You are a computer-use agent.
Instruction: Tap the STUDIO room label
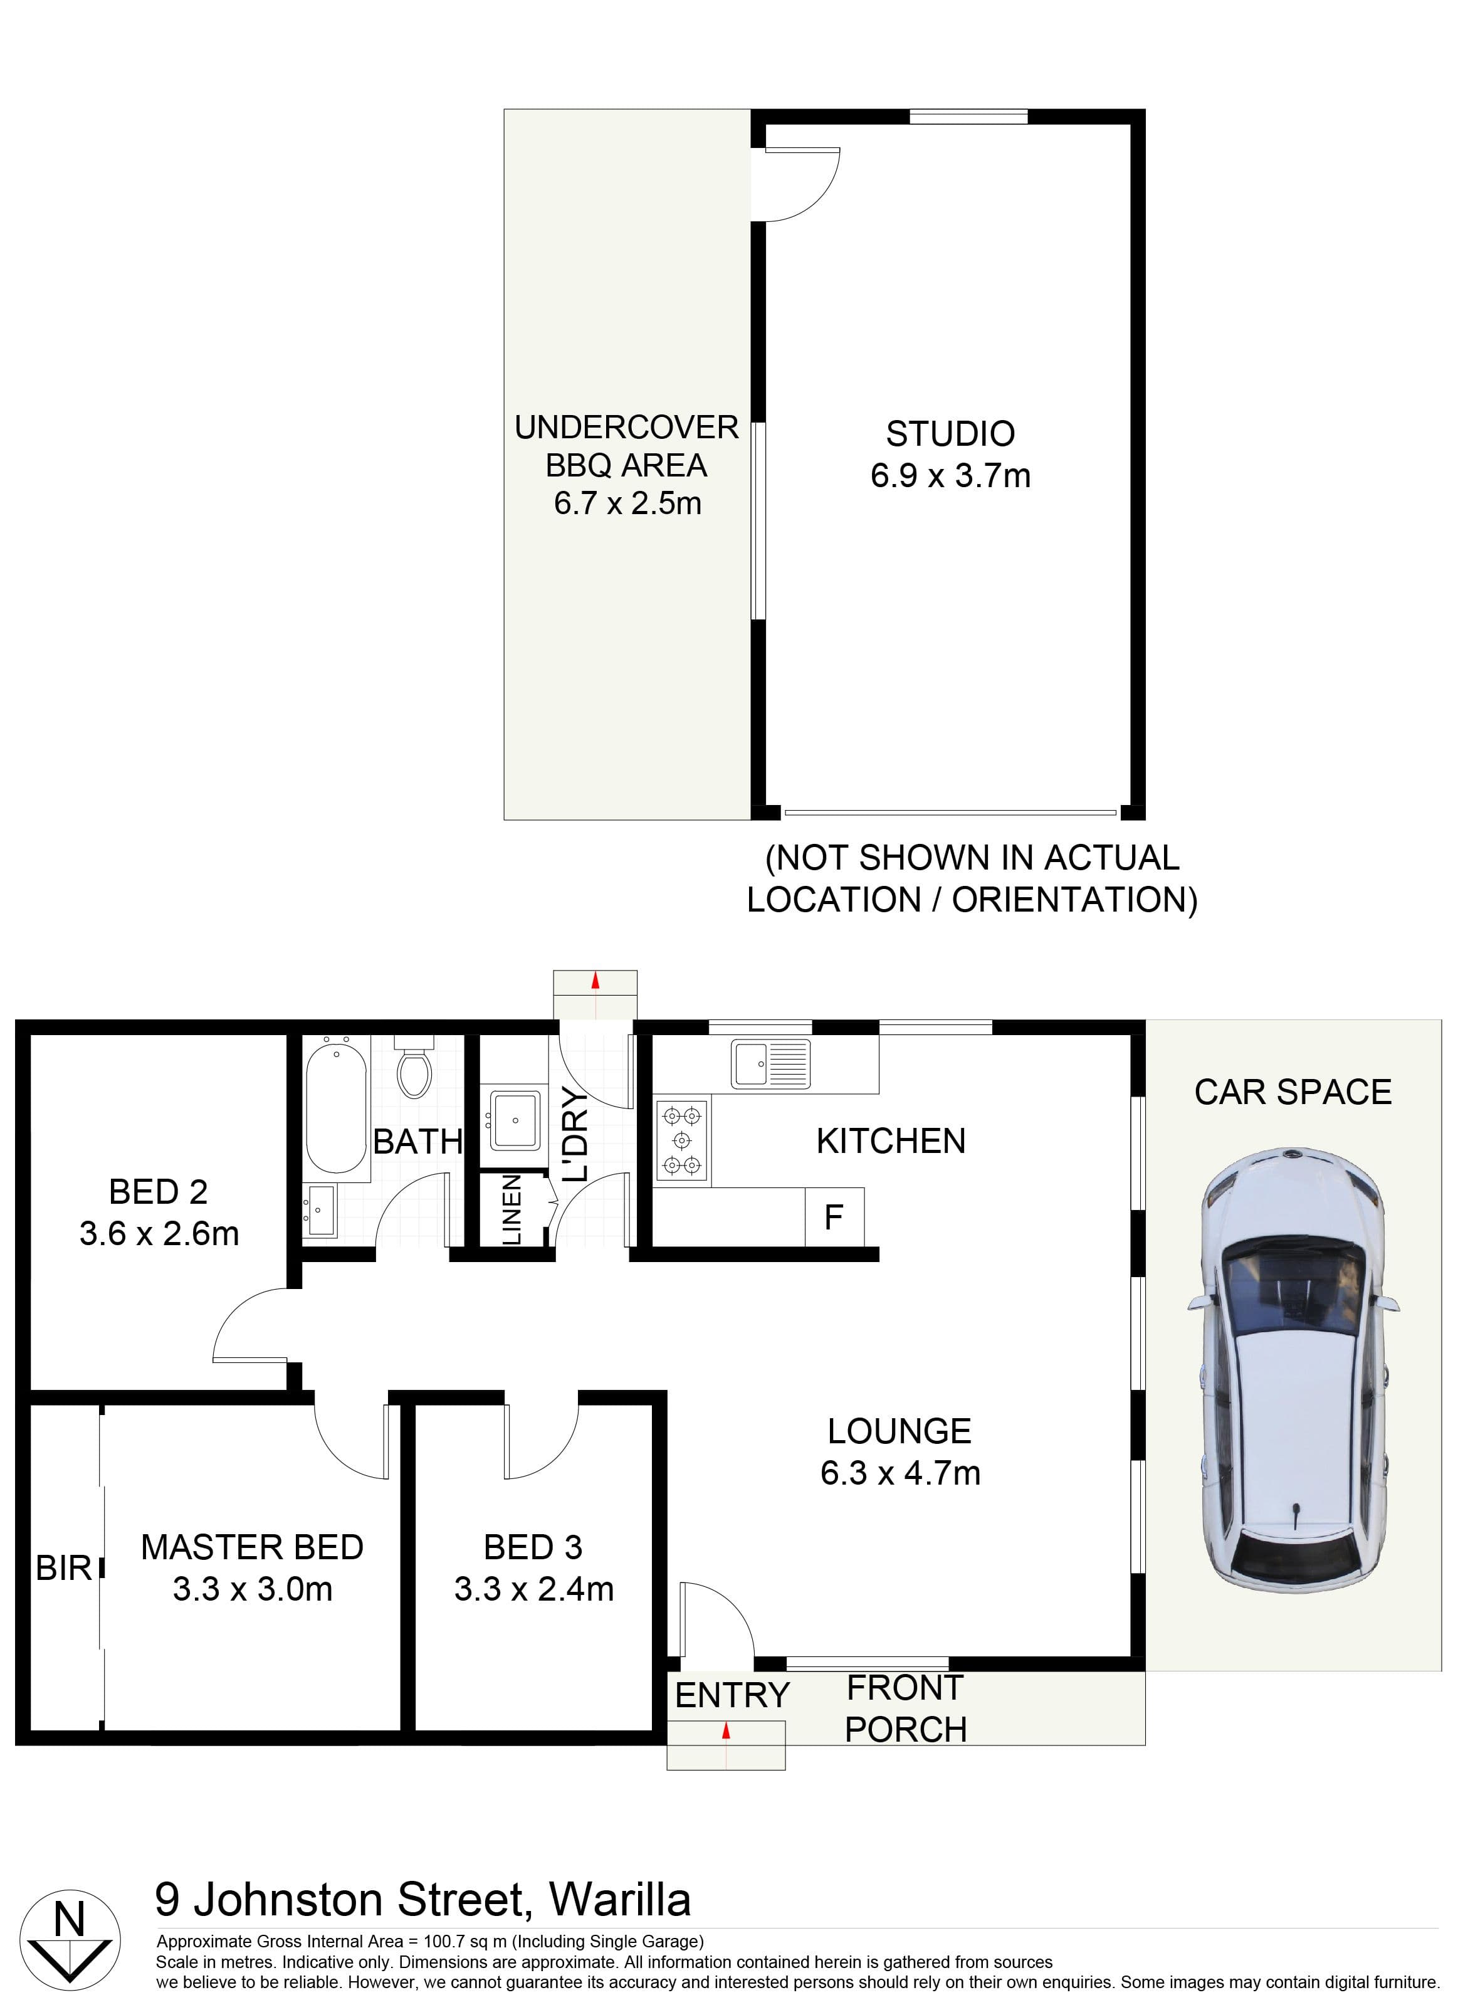tap(950, 434)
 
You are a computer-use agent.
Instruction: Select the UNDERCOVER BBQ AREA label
tap(626, 465)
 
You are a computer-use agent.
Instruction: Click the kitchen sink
tap(770, 1064)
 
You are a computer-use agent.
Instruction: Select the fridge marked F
tap(833, 1217)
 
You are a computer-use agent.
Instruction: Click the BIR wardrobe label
tap(64, 1569)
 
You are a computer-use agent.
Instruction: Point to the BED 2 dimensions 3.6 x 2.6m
tap(159, 1234)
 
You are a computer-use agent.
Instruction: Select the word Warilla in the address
tap(620, 1900)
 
